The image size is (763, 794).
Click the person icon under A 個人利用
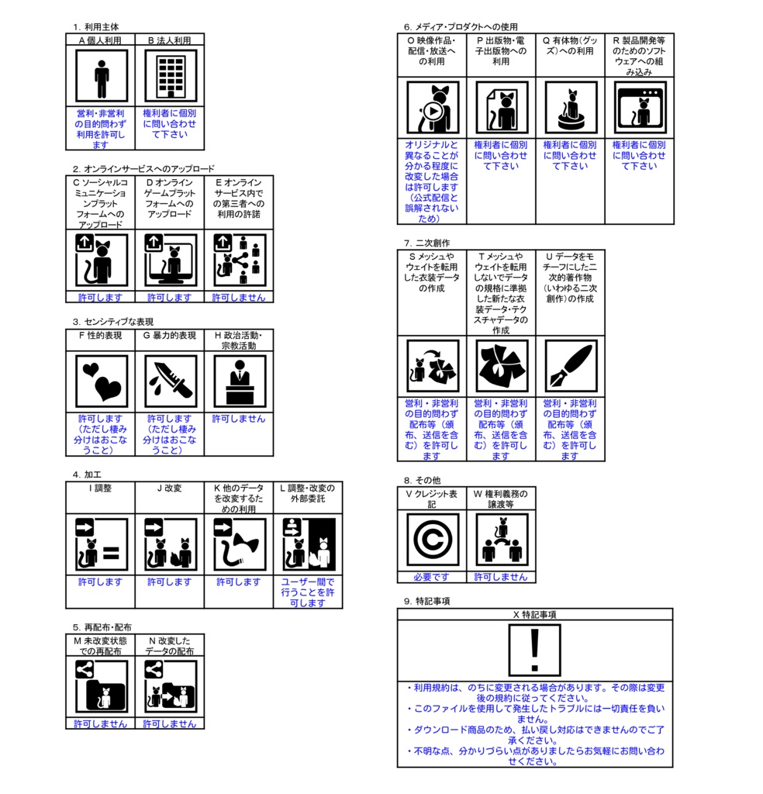pyautogui.click(x=101, y=76)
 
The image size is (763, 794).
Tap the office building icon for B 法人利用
pyautogui.click(x=170, y=76)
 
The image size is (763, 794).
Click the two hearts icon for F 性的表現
pyautogui.click(x=101, y=381)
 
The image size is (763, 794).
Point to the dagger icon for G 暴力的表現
pyautogui.click(x=170, y=381)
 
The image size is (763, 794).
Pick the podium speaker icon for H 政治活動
pyautogui.click(x=239, y=381)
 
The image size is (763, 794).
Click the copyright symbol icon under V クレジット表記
pyautogui.click(x=432, y=540)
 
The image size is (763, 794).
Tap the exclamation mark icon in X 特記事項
pyautogui.click(x=534, y=651)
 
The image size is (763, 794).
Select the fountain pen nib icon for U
pyautogui.click(x=570, y=366)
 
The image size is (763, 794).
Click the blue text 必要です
pyautogui.click(x=432, y=577)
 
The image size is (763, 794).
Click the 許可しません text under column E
pyautogui.click(x=239, y=297)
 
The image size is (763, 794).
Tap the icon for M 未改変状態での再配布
pyautogui.click(x=101, y=686)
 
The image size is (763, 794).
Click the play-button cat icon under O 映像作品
pyautogui.click(x=432, y=108)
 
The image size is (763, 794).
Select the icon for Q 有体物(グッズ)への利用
pyautogui.click(x=570, y=108)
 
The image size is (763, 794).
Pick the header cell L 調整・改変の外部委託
pyautogui.click(x=308, y=493)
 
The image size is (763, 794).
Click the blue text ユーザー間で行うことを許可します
pyautogui.click(x=308, y=592)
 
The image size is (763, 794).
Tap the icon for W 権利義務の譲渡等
pyautogui.click(x=501, y=540)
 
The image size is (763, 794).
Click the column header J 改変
pyautogui.click(x=170, y=488)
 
